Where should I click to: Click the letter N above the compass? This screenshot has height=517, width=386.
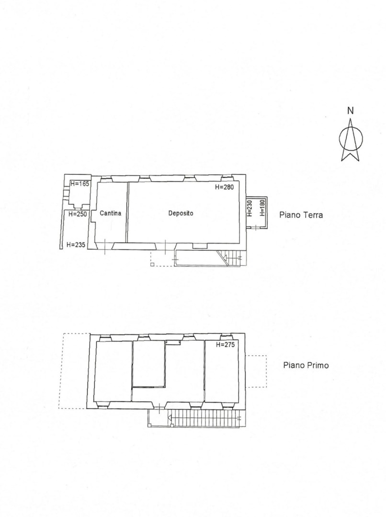click(x=351, y=111)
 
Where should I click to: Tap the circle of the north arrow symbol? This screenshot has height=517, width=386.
click(x=340, y=138)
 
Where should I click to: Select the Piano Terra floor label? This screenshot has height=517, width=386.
click(x=301, y=215)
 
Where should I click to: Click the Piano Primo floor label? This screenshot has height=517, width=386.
click(x=306, y=365)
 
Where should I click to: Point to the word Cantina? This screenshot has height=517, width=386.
click(x=110, y=214)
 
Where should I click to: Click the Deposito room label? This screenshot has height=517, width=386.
click(x=181, y=214)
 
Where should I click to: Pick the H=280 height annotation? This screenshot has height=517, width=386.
click(x=224, y=187)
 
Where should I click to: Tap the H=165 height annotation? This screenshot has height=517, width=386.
click(x=80, y=184)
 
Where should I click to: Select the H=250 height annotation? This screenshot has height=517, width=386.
click(x=78, y=214)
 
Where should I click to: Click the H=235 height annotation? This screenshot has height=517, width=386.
click(x=76, y=245)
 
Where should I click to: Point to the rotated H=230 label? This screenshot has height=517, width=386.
click(x=250, y=208)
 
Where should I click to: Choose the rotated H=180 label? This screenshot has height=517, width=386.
click(x=262, y=208)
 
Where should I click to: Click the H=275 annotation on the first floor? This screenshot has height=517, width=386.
click(x=226, y=345)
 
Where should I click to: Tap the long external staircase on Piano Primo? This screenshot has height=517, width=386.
click(x=205, y=418)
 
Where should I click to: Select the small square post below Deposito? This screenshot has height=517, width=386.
click(x=152, y=264)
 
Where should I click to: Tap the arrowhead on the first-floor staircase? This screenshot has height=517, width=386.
click(x=170, y=418)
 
